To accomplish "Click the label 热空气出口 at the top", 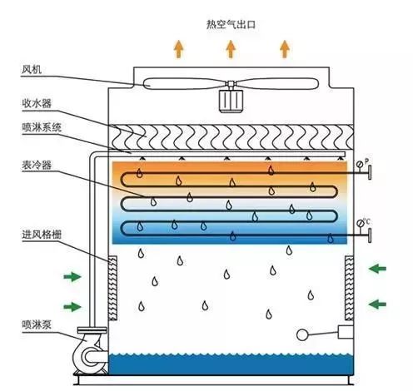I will click(231, 24).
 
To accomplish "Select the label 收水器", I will click(37, 103).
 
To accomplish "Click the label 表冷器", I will click(36, 165).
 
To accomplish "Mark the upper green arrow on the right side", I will click(379, 268).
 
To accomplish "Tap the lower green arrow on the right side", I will click(379, 303).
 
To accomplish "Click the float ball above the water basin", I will click(301, 335).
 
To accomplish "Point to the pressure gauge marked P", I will click(361, 162).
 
